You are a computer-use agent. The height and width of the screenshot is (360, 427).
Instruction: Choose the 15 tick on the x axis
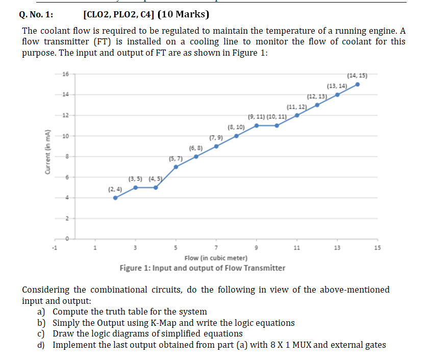click(377, 249)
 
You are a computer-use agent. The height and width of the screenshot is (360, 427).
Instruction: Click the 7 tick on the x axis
click(216, 249)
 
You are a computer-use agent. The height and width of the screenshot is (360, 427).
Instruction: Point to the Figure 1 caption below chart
click(203, 268)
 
